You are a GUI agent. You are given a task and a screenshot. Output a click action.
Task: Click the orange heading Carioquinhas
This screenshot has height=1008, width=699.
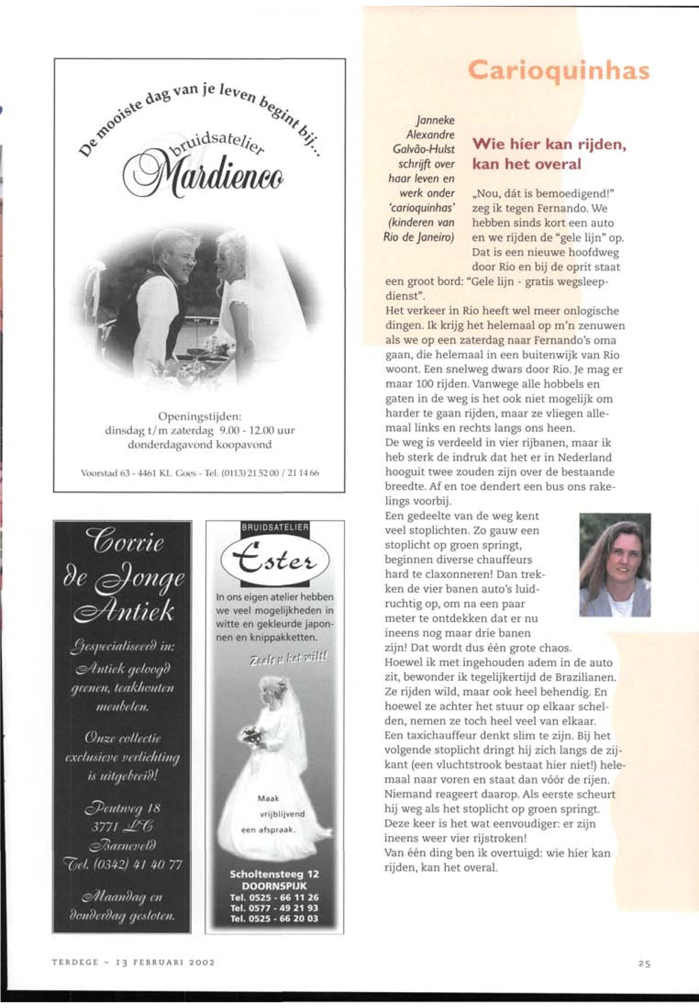558,71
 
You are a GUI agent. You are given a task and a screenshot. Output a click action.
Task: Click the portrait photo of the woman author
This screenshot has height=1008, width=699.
615,565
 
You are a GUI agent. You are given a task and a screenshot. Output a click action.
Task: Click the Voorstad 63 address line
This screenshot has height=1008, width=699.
200,473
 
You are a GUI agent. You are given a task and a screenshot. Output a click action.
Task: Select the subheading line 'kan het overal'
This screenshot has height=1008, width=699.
527,165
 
